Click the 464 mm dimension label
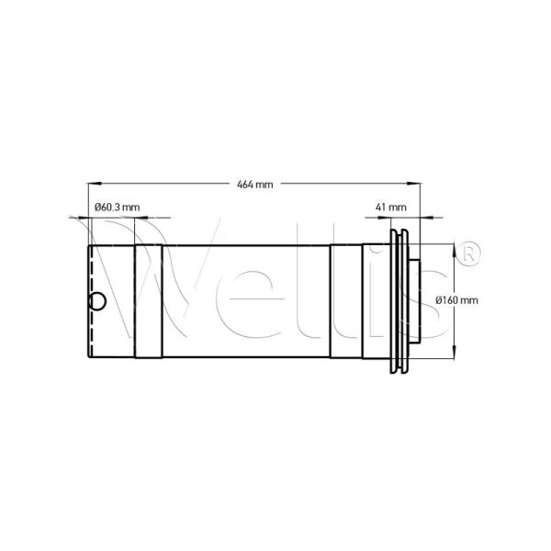[255, 185]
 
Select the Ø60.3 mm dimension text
[117, 208]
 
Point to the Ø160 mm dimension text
[455, 300]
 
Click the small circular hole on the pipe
[96, 300]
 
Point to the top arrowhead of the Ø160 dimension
[453, 246]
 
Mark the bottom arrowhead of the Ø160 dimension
[453, 354]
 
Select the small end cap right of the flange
[414, 300]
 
